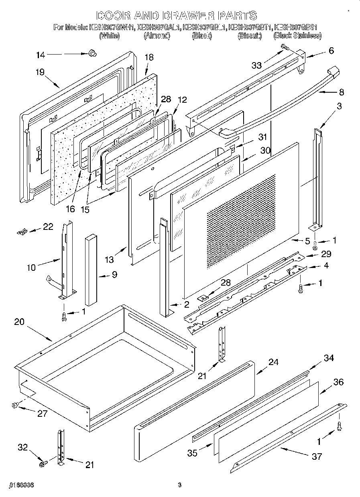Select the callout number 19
pyautogui.click(x=39, y=72)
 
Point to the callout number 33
pyautogui.click(x=256, y=65)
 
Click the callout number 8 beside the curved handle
pyautogui.click(x=341, y=92)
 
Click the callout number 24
pyautogui.click(x=273, y=362)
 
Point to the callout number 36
pyautogui.click(x=338, y=382)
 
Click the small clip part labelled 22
pyautogui.click(x=21, y=231)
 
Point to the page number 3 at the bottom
pyautogui.click(x=179, y=485)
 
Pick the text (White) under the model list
pyautogui.click(x=109, y=36)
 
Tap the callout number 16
pyautogui.click(x=71, y=209)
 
